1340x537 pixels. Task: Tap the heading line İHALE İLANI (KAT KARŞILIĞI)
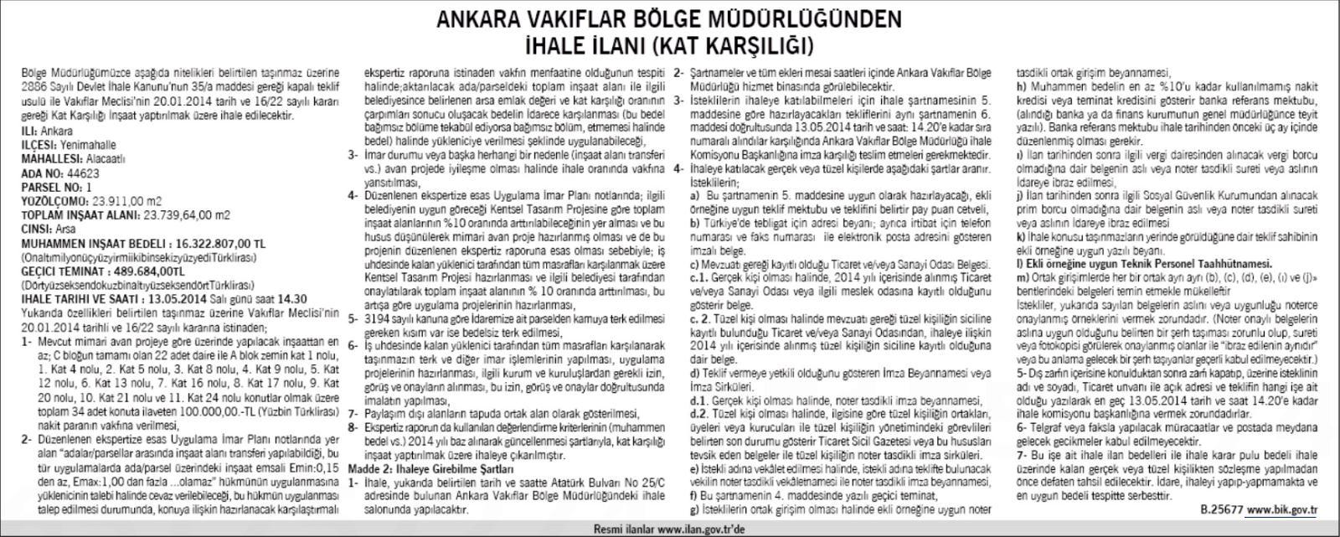coord(669,42)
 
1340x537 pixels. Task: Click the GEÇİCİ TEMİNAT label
coord(59,271)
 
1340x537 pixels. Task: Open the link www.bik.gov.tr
coord(1282,508)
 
